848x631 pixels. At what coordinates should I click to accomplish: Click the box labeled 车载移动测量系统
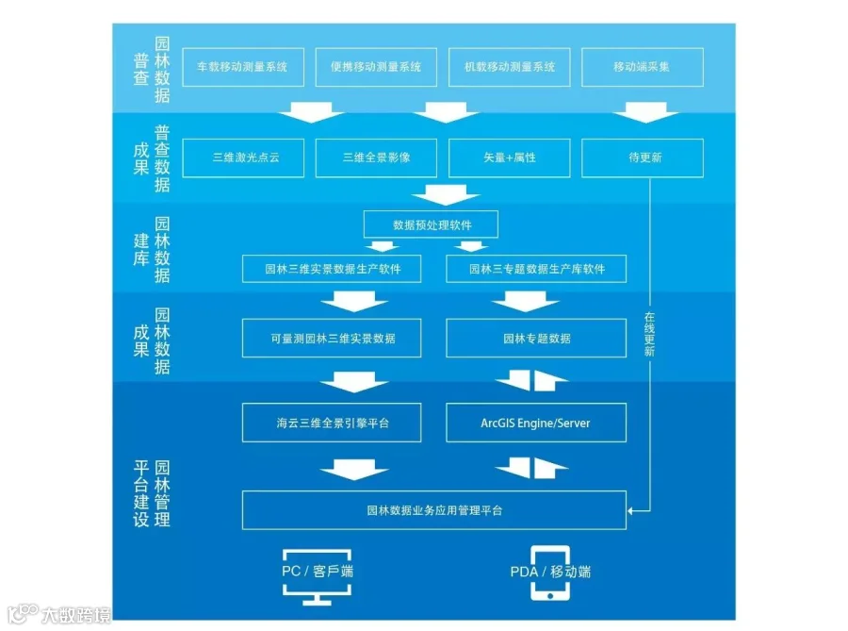point(242,67)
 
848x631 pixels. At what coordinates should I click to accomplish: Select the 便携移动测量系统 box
point(376,67)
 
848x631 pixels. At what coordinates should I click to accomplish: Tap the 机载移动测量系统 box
point(510,67)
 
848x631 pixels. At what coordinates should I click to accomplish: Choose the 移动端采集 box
point(642,67)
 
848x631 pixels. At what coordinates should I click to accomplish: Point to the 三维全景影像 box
point(376,158)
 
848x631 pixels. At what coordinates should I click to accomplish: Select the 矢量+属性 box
point(510,158)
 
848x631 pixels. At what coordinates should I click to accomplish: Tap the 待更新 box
point(644,158)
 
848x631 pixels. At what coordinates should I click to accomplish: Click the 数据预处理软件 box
point(432,225)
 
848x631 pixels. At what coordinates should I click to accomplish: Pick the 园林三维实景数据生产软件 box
point(333,269)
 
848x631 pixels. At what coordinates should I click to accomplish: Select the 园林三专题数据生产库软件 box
point(536,269)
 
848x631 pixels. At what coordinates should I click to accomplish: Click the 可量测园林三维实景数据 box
point(333,338)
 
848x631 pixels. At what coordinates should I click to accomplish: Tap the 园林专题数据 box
point(536,338)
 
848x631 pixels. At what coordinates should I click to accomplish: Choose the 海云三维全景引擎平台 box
point(333,423)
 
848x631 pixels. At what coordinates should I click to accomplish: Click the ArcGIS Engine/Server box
point(536,423)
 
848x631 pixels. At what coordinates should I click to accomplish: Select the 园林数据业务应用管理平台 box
point(434,510)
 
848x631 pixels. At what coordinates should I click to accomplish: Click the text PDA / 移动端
point(551,572)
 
